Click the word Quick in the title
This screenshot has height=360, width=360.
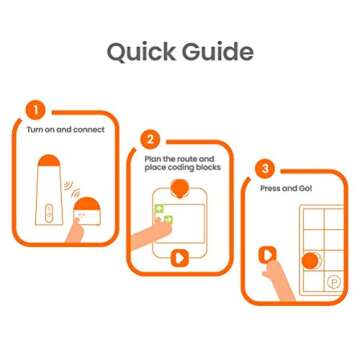pyautogui.click(x=141, y=52)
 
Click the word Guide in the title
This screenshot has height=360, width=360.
pyautogui.click(x=218, y=52)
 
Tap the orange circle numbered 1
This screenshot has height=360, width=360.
pyautogui.click(x=35, y=110)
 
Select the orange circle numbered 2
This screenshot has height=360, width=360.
pyautogui.click(x=150, y=139)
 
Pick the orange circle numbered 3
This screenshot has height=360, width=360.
pyautogui.click(x=265, y=169)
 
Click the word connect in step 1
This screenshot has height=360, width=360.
pyautogui.click(x=89, y=130)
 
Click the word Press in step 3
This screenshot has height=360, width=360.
pyautogui.click(x=270, y=188)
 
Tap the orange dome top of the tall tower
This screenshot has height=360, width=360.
pyautogui.click(x=49, y=160)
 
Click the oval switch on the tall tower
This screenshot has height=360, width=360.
pyautogui.click(x=49, y=213)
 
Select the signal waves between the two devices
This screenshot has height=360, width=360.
pyautogui.click(x=73, y=187)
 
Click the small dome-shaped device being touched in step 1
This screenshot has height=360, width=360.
pyautogui.click(x=87, y=211)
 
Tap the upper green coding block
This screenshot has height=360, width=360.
pyautogui.click(x=160, y=209)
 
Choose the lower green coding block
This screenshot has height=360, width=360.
pyautogui.click(x=169, y=219)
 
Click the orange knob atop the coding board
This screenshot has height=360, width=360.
pyautogui.click(x=180, y=189)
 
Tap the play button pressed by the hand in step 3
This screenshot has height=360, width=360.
pyautogui.click(x=267, y=255)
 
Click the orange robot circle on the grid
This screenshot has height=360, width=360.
pyautogui.click(x=310, y=261)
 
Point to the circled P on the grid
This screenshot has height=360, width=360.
pyautogui.click(x=333, y=282)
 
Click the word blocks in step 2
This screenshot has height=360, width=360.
pyautogui.click(x=208, y=167)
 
